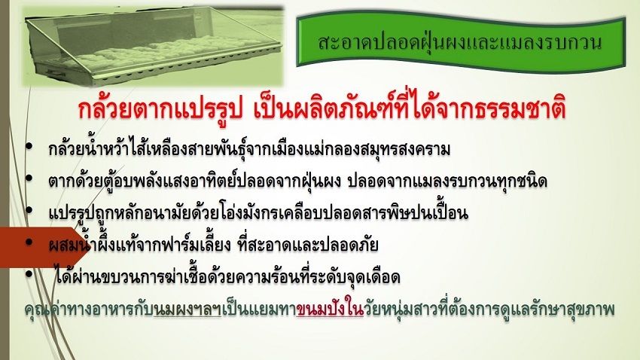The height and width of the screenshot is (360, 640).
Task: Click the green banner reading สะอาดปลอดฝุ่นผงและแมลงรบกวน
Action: coord(460,42)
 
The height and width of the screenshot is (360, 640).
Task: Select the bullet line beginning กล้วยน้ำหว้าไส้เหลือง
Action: coord(249,148)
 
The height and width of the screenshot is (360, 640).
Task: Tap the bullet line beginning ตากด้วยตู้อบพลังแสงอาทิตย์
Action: coord(297,181)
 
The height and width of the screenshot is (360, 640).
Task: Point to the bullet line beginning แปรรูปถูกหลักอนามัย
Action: coord(258,212)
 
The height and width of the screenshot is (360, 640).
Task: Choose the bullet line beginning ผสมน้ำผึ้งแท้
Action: coord(213,245)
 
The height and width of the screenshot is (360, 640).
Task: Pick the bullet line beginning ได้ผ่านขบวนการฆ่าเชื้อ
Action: coord(227,276)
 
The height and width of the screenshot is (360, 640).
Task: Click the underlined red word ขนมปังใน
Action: coord(330,310)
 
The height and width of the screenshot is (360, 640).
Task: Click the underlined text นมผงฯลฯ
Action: coord(187,310)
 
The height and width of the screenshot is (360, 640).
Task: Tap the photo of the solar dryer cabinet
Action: coord(154,46)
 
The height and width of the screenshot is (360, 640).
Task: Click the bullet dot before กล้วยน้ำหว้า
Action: coord(29,147)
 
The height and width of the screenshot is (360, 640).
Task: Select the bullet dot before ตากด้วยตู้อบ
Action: coord(29,178)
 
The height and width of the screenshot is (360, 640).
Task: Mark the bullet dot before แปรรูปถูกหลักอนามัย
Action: coord(29,210)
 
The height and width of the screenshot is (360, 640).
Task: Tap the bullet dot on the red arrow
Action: coord(29,242)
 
